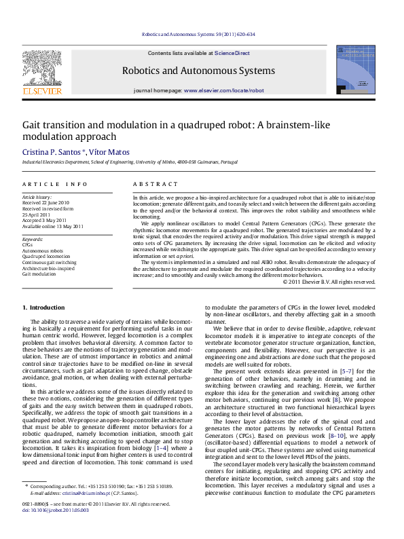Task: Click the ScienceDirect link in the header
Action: point(233,53)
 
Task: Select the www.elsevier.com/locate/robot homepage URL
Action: point(224,90)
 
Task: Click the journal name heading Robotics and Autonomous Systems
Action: point(198,71)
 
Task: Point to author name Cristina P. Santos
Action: point(52,152)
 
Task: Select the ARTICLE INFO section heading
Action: point(54,184)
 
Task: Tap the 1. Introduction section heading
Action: point(44,309)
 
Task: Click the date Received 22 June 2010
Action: point(46,202)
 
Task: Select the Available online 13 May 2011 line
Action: point(53,227)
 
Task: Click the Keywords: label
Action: point(33,240)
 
